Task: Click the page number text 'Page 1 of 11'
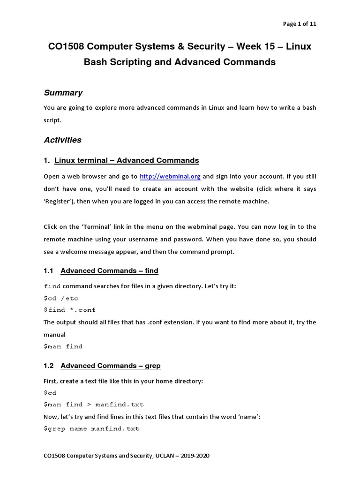tap(299, 24)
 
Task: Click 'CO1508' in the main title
tap(67, 47)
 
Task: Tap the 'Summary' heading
tap(63, 93)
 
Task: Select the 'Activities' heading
tap(62, 140)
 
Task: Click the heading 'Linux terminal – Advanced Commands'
tap(127, 161)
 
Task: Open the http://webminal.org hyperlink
tap(170, 177)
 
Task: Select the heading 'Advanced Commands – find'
tap(109, 270)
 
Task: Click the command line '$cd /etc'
tap(61, 298)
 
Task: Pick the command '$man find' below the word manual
tap(63, 346)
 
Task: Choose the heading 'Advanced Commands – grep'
tap(111, 366)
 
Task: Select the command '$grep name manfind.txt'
tap(91, 428)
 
